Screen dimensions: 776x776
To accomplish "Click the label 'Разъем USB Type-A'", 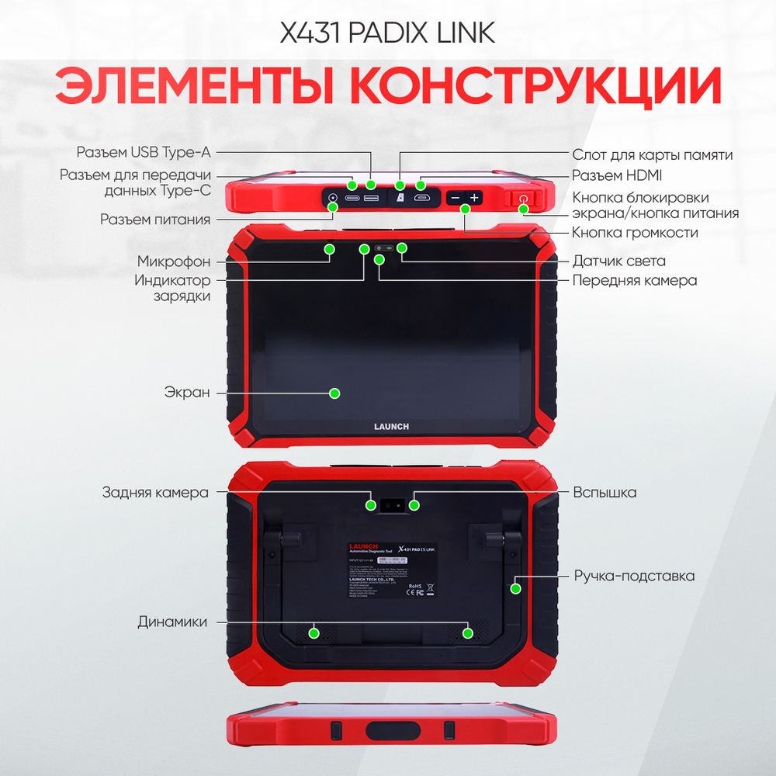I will coord(143,151).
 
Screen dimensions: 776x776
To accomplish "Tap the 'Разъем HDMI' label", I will coord(617,175).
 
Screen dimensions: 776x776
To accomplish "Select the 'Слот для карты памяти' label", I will coord(652,154).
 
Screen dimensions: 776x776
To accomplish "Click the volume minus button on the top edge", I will coord(456,198).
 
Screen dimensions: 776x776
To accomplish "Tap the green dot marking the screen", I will coord(334,393).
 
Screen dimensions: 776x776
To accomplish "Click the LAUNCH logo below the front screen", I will coord(392,426).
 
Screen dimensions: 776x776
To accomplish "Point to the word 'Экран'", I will coord(187,392).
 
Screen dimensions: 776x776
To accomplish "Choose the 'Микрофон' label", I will coord(174,261).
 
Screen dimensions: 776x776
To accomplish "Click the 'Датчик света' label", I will coord(618,261).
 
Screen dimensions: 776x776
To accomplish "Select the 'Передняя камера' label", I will coord(634,280).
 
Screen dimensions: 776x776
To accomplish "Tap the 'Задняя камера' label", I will coord(155,492).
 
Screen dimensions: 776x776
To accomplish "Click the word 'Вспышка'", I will coord(605,492).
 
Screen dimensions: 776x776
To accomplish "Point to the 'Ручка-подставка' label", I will coord(634,576).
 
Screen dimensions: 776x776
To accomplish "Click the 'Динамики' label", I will coord(172,622).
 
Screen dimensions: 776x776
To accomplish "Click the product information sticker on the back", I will coord(391,570).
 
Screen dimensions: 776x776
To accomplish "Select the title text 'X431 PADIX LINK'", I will coord(387,33).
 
